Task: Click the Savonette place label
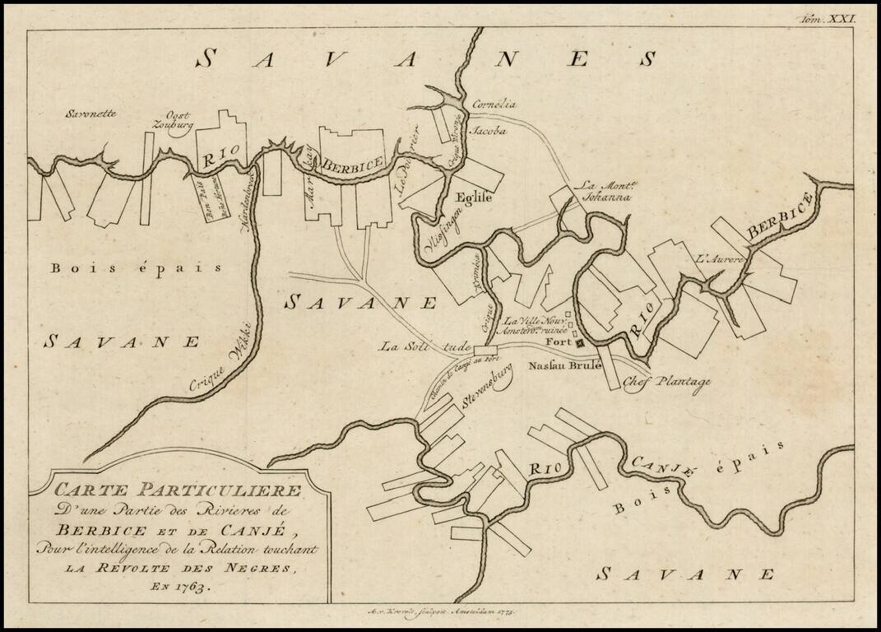pos(91,115)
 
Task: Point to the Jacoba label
pos(487,130)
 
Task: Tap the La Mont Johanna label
pos(605,192)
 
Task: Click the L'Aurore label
pos(720,258)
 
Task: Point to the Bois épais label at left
pos(136,267)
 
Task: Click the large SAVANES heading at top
pos(428,58)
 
